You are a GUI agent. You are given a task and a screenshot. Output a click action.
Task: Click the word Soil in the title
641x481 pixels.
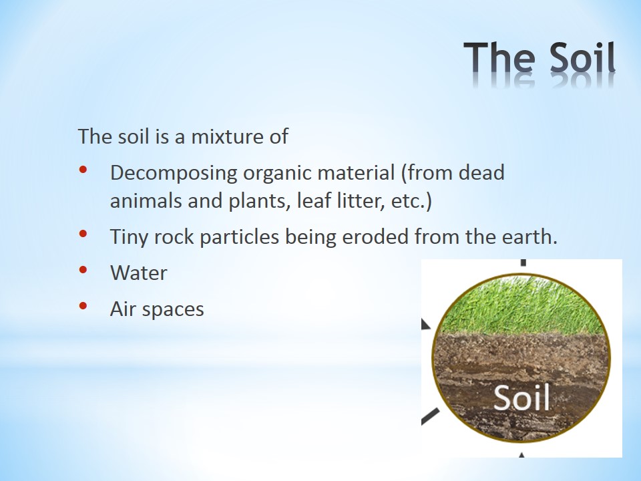tap(582, 57)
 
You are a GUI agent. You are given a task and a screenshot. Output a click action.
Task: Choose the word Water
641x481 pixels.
tap(139, 273)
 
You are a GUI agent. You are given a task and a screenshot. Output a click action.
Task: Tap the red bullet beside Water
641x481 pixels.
tap(83, 269)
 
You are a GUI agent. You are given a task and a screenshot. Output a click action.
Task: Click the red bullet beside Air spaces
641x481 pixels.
tap(83, 305)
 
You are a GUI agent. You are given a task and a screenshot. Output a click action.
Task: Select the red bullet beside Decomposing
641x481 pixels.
tap(83, 169)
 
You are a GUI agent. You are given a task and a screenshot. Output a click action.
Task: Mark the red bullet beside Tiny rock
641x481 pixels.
tap(83, 234)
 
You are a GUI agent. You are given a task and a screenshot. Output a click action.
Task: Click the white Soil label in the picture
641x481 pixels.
tap(521, 397)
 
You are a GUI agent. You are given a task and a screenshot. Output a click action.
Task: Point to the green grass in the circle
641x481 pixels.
tap(522, 305)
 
